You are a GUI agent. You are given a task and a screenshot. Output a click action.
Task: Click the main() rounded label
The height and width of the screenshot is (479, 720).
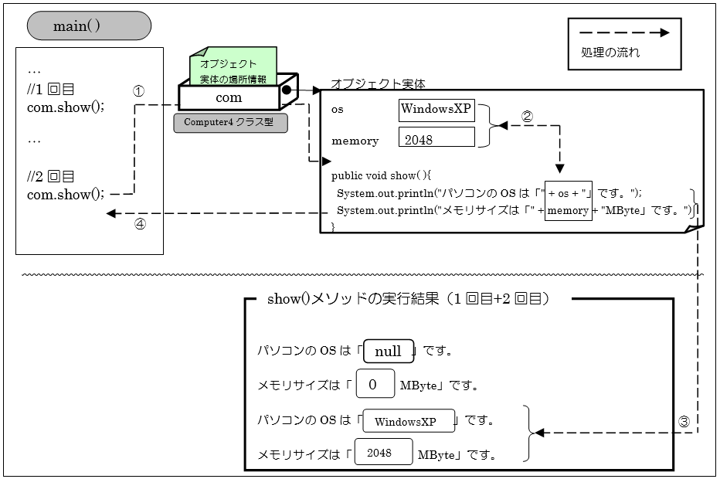[x=89, y=26]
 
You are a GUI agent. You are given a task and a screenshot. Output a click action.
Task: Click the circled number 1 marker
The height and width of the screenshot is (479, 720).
[x=139, y=90]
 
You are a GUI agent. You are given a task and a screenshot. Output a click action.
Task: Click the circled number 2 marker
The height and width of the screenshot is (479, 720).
[x=527, y=117]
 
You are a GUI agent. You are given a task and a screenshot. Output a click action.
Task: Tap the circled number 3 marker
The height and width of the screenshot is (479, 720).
[x=684, y=422]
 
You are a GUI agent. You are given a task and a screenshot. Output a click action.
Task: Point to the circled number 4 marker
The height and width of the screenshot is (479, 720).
[x=141, y=225]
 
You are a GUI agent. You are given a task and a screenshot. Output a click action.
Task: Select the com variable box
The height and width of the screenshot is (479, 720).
[x=229, y=97]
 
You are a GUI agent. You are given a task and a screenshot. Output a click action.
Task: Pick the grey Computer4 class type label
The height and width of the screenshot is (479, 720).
[x=229, y=122]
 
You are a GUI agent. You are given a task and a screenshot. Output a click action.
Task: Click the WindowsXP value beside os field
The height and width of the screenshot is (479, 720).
[x=436, y=109]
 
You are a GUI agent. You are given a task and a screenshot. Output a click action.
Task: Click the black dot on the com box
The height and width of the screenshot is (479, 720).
[x=287, y=90]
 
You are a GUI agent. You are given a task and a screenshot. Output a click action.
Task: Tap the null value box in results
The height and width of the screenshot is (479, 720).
[x=388, y=351]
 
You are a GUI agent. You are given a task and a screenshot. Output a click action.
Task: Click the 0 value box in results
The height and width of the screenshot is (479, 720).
[x=375, y=384]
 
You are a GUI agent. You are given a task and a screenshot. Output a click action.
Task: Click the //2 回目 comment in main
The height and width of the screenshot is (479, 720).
[x=50, y=176]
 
